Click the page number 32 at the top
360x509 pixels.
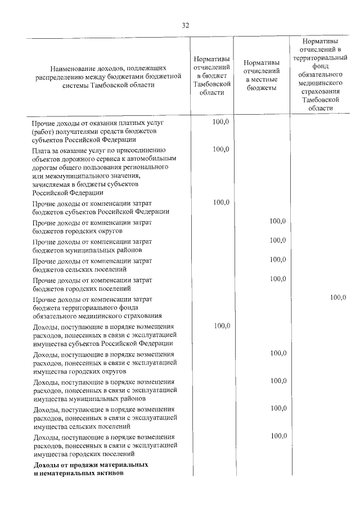[185, 25]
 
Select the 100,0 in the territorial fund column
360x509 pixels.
[338, 298]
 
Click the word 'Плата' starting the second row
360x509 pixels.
[41, 150]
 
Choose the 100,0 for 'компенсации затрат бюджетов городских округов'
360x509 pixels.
[278, 222]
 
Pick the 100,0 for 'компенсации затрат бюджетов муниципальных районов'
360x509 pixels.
[278, 241]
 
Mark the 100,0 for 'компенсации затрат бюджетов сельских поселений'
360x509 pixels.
[278, 260]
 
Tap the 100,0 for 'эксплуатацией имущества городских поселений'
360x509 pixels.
[278, 436]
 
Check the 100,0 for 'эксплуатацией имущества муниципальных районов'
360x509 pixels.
[278, 381]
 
